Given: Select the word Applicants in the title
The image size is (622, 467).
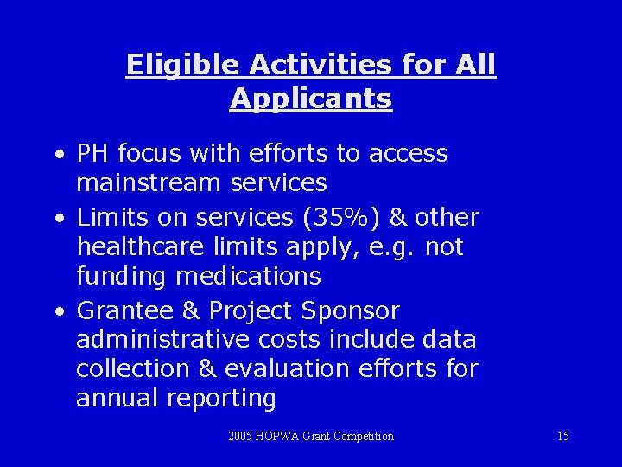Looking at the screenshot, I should coord(311,99).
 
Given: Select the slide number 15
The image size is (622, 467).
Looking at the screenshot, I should coord(562,436).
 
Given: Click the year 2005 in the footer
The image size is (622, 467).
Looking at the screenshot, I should coord(241,436).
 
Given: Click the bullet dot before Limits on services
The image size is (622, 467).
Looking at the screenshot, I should coord(56,218).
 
